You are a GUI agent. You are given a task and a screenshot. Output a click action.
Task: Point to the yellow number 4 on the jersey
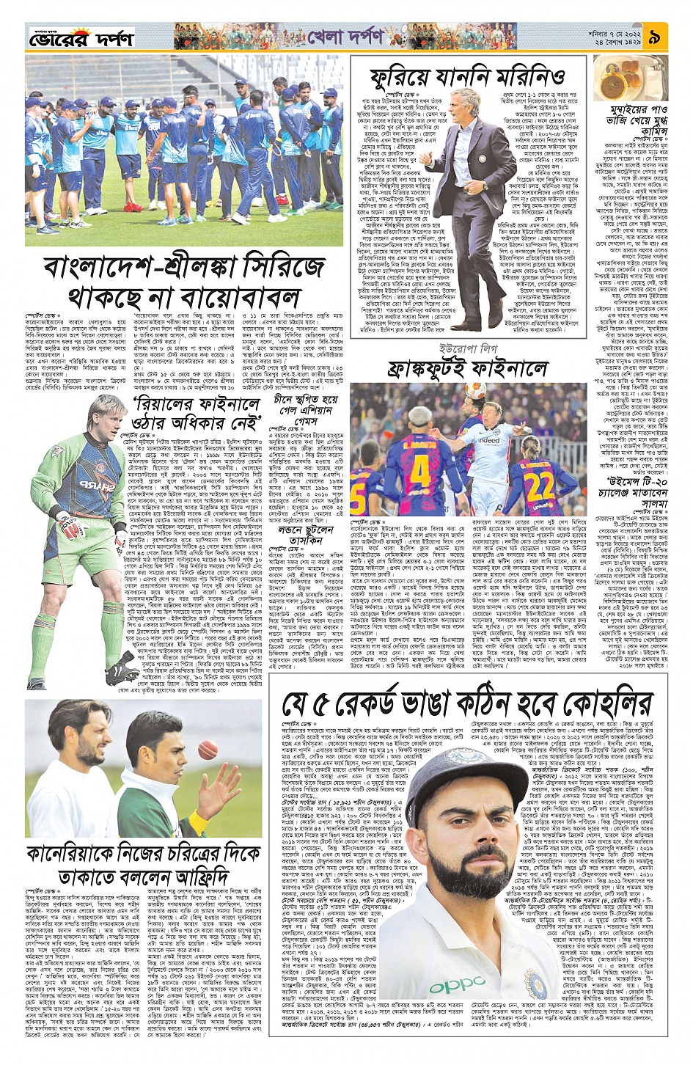tap(420, 469)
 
